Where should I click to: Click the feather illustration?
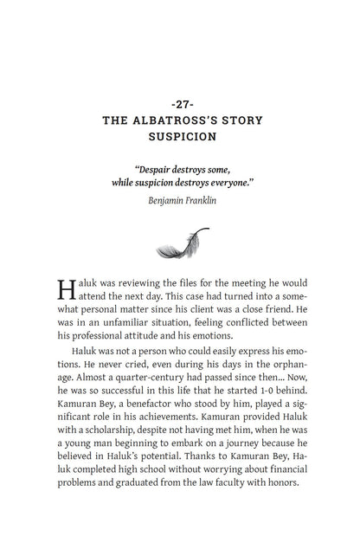pos(180,244)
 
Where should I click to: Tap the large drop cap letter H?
pos(66,290)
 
